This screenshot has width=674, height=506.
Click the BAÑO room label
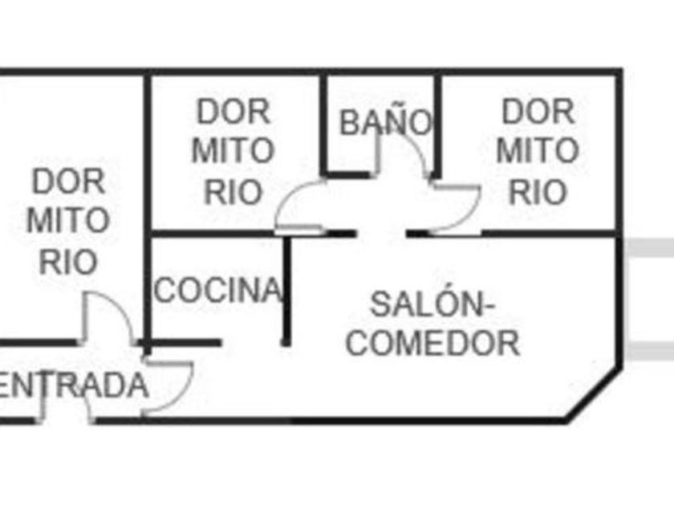click(386, 122)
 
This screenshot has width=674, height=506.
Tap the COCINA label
click(218, 290)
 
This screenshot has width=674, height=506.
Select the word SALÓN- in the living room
click(432, 304)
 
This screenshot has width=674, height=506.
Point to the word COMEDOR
click(432, 343)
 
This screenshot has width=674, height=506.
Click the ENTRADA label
click(73, 386)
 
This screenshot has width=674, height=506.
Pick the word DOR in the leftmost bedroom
click(69, 182)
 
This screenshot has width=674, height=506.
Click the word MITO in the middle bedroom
click(233, 151)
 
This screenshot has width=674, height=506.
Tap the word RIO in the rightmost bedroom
click(538, 192)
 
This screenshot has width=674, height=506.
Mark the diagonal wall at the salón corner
click(594, 394)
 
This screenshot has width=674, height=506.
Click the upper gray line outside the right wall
click(648, 248)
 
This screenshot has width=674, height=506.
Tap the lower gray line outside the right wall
click(648, 351)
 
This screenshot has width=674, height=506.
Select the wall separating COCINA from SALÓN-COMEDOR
click(286, 291)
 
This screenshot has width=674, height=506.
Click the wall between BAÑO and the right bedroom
click(437, 125)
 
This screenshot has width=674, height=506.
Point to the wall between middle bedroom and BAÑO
click(323, 124)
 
